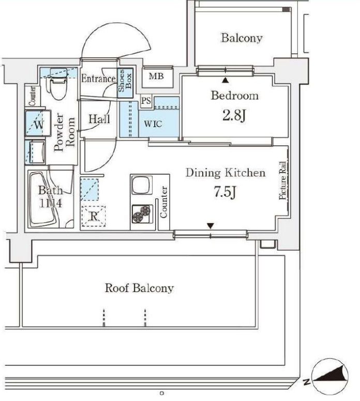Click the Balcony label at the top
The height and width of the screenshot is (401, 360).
click(x=242, y=38)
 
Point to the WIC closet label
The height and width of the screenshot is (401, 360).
click(x=154, y=125)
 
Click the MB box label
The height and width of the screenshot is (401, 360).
click(x=156, y=77)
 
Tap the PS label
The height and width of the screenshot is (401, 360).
click(x=146, y=101)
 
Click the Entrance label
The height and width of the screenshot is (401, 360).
click(x=98, y=79)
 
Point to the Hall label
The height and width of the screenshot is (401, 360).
click(x=99, y=119)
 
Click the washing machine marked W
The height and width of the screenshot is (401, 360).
click(x=38, y=124)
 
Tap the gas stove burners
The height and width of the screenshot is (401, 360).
click(x=141, y=213)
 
